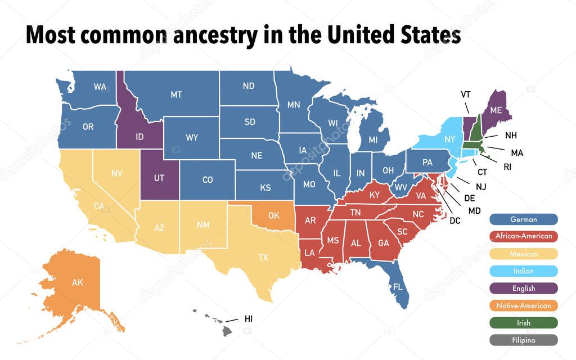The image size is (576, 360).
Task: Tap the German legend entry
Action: click(x=523, y=219)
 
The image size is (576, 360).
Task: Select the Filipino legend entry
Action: click(x=523, y=340)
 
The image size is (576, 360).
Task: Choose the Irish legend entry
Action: click(x=523, y=323)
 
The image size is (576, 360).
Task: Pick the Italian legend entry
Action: click(x=523, y=271)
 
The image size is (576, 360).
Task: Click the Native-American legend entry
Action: click(x=523, y=305)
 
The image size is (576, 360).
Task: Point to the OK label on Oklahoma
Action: click(x=274, y=215)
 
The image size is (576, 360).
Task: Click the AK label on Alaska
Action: click(x=77, y=282)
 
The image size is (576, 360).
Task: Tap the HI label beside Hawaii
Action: click(x=249, y=319)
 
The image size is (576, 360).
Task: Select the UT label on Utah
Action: click(x=159, y=177)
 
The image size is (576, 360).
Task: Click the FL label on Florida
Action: click(x=398, y=287)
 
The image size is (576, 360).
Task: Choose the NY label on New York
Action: click(x=449, y=138)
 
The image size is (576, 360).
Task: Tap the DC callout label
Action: click(x=454, y=221)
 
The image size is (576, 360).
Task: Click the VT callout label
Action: click(x=465, y=94)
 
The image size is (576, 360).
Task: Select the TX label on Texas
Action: click(x=263, y=258)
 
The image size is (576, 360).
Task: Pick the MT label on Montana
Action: click(x=176, y=94)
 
